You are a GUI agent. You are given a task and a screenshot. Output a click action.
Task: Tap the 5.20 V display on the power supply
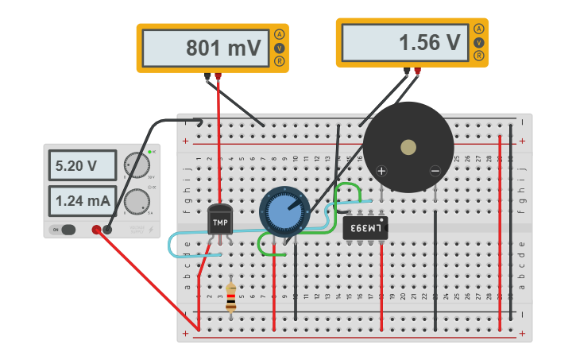76,167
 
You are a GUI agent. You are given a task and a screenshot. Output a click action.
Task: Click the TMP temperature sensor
220,220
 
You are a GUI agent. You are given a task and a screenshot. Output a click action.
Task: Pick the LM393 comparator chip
365,229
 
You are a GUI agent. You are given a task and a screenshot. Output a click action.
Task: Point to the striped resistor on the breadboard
230,297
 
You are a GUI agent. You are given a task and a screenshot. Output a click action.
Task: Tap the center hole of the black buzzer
408,147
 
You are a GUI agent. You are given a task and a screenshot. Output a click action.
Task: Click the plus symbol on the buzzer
381,171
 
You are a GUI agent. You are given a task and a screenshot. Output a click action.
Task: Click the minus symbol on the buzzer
435,171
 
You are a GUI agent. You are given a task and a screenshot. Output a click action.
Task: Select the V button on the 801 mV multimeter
279,48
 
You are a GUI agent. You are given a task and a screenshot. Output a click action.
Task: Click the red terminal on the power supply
96,230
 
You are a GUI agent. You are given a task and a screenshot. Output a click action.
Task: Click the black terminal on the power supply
107,230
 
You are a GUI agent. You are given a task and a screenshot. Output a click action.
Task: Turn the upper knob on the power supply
137,165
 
